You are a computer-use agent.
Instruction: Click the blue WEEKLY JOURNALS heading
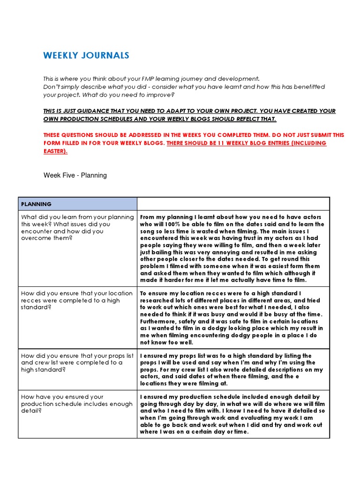86,56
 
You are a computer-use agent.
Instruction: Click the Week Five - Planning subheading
75,175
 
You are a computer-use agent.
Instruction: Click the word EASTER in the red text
54,151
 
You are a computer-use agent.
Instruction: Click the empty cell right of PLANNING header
233,204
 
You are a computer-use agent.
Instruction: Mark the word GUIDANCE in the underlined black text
91,111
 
